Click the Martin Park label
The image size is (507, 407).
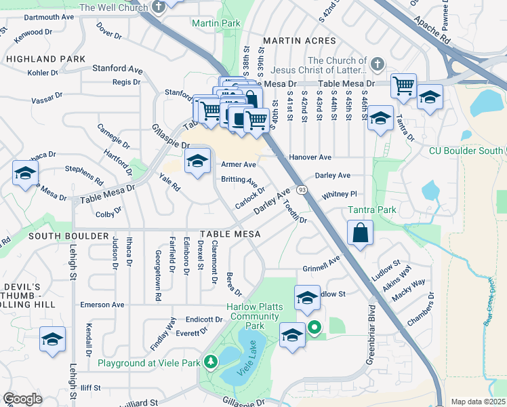point(216,23)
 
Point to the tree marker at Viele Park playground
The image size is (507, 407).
point(210,363)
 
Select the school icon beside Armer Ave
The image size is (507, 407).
point(197,161)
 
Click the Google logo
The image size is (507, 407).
point(22,399)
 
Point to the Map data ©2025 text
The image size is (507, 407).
point(478,402)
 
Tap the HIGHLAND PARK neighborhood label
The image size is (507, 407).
point(45,59)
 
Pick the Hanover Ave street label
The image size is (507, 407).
point(310,157)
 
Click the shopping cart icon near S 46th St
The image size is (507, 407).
point(404,86)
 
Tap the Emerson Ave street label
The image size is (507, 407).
point(102,305)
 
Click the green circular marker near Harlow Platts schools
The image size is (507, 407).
point(315,329)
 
